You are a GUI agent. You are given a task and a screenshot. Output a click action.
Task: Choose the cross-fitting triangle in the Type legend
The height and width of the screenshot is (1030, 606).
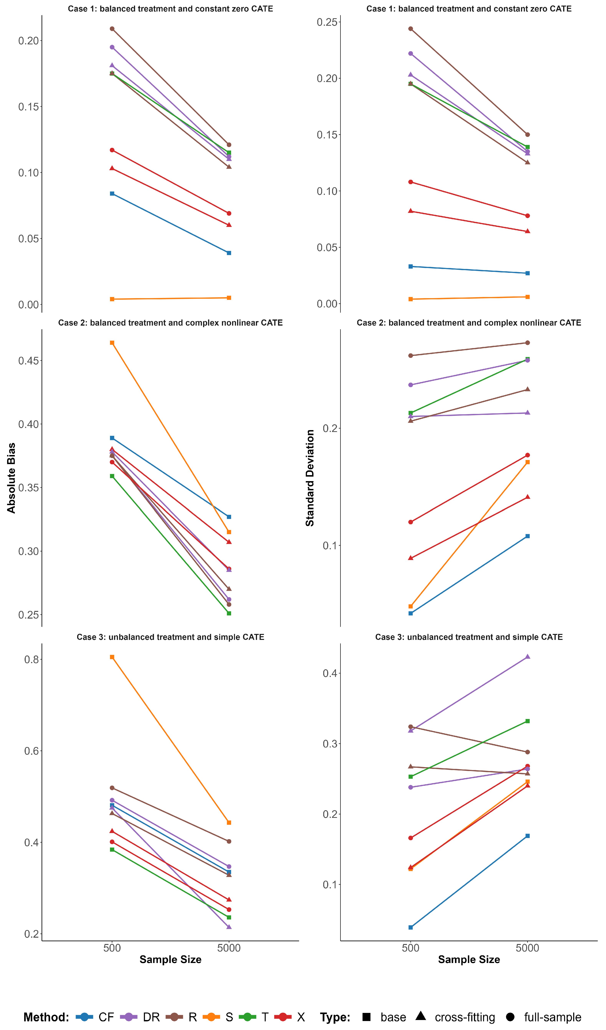pos(421,1016)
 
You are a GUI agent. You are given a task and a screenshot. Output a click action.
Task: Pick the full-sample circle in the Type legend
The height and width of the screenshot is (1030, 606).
pos(510,1017)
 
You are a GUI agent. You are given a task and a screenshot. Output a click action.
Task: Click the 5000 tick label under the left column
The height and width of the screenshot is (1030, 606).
pos(229,948)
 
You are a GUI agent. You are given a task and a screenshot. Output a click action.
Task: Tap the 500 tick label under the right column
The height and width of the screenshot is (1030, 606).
pos(411,948)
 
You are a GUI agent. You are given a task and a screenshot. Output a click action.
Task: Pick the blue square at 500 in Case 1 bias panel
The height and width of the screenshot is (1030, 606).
pos(112,193)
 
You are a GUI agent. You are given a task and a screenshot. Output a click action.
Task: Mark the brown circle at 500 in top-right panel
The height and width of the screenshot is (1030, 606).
pos(411,29)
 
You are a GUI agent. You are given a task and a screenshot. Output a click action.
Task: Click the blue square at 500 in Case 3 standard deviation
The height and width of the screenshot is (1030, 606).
pos(411,927)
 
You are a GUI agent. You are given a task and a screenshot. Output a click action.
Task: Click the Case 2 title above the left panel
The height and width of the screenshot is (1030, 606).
pos(170,323)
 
